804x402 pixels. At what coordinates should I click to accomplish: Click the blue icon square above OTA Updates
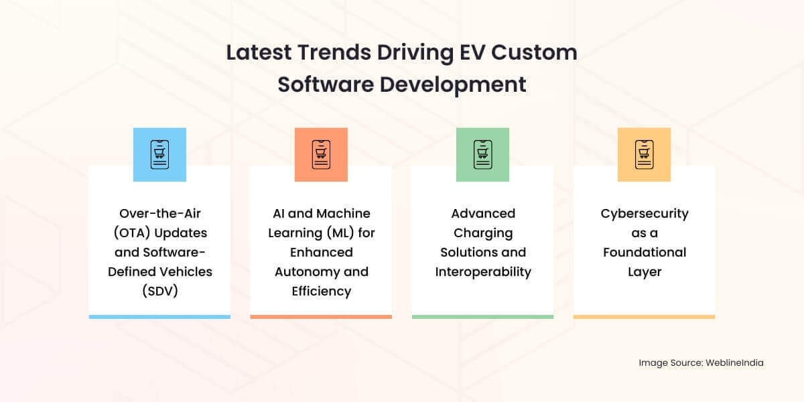[159, 155]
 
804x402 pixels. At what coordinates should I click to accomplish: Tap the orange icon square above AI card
[321, 155]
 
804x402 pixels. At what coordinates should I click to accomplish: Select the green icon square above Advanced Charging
[482, 155]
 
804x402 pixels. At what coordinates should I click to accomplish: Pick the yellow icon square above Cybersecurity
[644, 155]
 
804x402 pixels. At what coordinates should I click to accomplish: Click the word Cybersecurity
[644, 214]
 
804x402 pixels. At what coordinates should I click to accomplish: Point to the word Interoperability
[483, 272]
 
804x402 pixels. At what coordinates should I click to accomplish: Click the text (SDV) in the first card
[159, 291]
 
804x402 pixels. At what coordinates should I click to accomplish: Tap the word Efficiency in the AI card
[321, 291]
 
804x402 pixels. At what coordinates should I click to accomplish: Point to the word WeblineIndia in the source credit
[734, 362]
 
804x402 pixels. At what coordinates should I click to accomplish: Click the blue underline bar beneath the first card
[159, 317]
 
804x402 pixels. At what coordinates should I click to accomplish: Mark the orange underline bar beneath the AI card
[321, 317]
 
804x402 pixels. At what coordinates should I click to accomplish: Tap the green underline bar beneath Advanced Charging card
[482, 317]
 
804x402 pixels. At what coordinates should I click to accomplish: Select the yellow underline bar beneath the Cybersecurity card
[644, 317]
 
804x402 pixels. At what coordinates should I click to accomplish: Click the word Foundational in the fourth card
[644, 253]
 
